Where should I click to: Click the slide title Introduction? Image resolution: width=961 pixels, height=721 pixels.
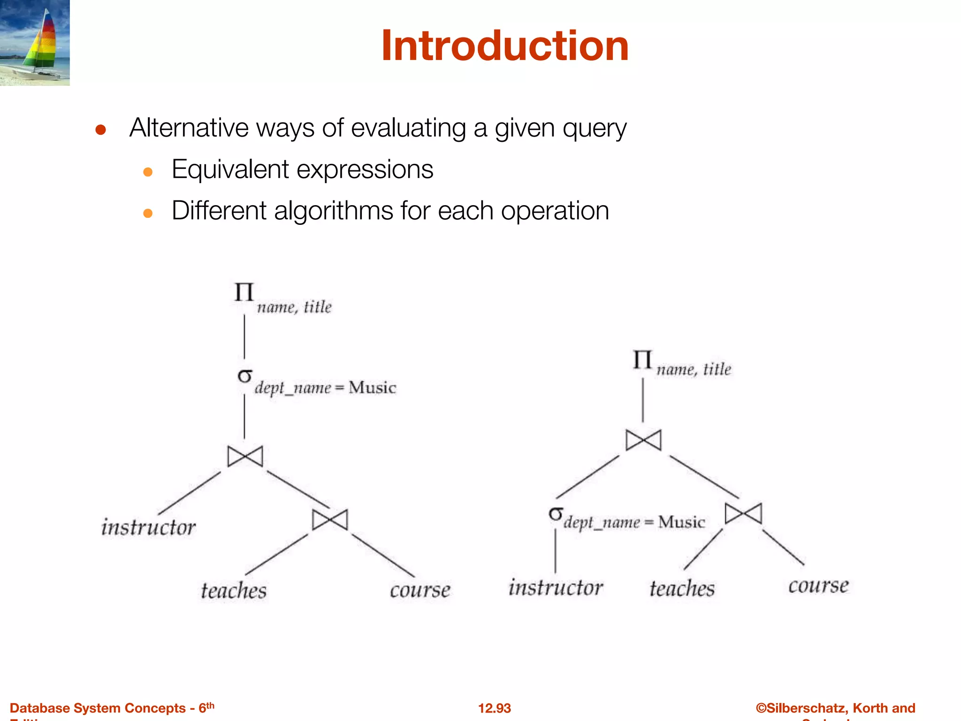click(504, 46)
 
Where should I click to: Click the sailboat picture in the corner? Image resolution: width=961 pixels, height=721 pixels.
click(35, 42)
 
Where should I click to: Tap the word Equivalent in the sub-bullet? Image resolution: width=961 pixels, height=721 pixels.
click(230, 169)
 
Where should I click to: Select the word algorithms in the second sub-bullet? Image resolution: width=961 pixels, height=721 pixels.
click(333, 211)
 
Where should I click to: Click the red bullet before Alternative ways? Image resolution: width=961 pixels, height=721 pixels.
click(100, 130)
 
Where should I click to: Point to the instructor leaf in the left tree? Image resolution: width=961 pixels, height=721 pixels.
click(148, 527)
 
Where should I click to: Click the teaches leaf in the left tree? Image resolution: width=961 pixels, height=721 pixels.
click(234, 591)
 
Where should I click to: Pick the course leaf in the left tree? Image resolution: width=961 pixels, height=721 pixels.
click(420, 590)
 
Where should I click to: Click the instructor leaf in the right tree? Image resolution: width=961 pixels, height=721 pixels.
click(556, 588)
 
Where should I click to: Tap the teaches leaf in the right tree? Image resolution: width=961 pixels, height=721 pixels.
click(682, 588)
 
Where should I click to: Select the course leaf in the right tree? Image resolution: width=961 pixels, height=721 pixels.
click(818, 585)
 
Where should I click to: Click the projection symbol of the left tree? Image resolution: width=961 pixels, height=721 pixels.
click(244, 292)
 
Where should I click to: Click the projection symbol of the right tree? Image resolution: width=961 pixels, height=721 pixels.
click(642, 360)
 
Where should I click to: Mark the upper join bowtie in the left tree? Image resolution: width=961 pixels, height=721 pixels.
click(245, 456)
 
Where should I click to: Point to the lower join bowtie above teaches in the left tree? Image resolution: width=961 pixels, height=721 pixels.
click(330, 520)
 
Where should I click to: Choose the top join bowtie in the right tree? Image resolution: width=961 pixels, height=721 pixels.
click(643, 440)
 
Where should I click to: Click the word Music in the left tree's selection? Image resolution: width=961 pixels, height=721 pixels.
click(372, 388)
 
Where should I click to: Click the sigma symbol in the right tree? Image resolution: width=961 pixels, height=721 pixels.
click(556, 514)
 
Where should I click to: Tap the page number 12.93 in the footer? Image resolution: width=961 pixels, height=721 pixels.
click(494, 708)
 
